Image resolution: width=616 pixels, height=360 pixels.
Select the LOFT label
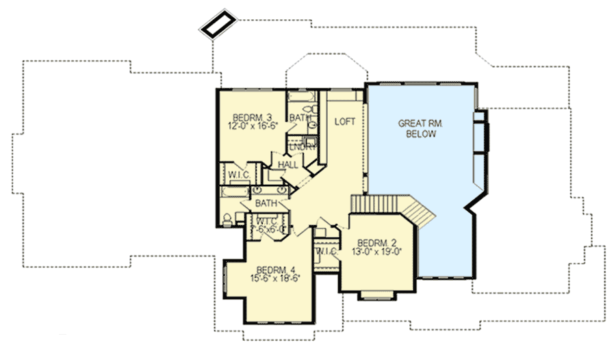344,121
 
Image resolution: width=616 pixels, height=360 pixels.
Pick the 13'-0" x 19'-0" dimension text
376,251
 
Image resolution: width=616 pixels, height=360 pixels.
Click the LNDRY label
302,146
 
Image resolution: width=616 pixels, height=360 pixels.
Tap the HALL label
287,164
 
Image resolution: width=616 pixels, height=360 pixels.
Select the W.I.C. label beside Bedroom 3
238,175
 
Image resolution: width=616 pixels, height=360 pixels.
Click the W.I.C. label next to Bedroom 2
325,251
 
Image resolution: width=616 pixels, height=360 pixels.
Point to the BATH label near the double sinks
266,203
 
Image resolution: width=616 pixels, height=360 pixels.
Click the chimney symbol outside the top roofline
218,23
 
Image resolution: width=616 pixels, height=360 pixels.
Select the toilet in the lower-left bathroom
227,219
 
